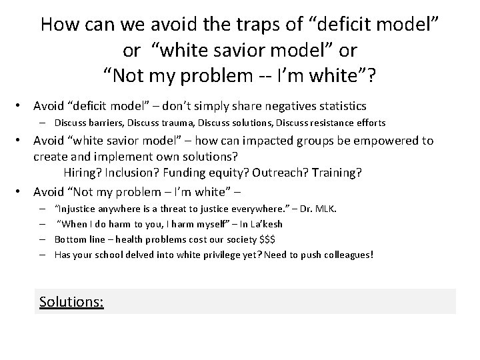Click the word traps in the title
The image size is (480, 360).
pyautogui.click(x=231, y=25)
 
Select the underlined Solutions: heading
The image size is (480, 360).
pyautogui.click(x=71, y=302)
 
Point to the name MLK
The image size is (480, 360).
pyautogui.click(x=326, y=209)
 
